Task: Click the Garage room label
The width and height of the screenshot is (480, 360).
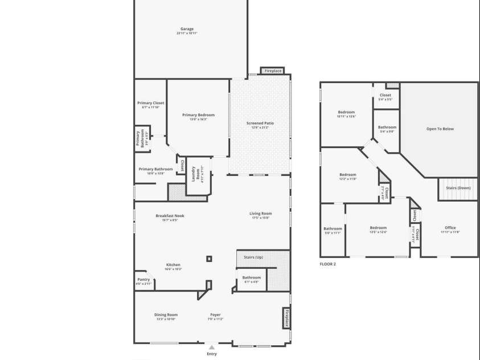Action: pos(187,29)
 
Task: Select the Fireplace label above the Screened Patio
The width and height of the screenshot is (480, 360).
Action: pos(273,71)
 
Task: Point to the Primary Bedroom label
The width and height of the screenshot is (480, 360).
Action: pos(198,115)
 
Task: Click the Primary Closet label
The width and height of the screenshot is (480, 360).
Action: pos(150,103)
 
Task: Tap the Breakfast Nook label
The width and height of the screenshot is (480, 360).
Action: pos(170,216)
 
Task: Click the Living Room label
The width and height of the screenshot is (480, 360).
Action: pos(260,214)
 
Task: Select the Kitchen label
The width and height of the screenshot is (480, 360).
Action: pos(173,265)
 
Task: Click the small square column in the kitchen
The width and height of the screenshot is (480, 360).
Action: pos(210,259)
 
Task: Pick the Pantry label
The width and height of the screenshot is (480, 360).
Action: pos(143,280)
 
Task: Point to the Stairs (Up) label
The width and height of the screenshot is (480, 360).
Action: pos(253,257)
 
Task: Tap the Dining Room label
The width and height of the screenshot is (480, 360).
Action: pos(166,315)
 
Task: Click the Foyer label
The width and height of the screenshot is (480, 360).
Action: pos(215,315)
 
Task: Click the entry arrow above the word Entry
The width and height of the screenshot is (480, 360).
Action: pos(212,346)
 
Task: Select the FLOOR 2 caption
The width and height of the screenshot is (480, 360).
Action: pos(328,264)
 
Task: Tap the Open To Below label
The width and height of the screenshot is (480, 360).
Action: pos(440,129)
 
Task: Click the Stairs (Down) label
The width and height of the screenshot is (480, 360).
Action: pos(458,188)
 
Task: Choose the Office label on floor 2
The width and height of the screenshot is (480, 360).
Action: pos(450,228)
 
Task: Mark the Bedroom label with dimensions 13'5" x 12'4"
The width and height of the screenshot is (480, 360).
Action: pos(378,228)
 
